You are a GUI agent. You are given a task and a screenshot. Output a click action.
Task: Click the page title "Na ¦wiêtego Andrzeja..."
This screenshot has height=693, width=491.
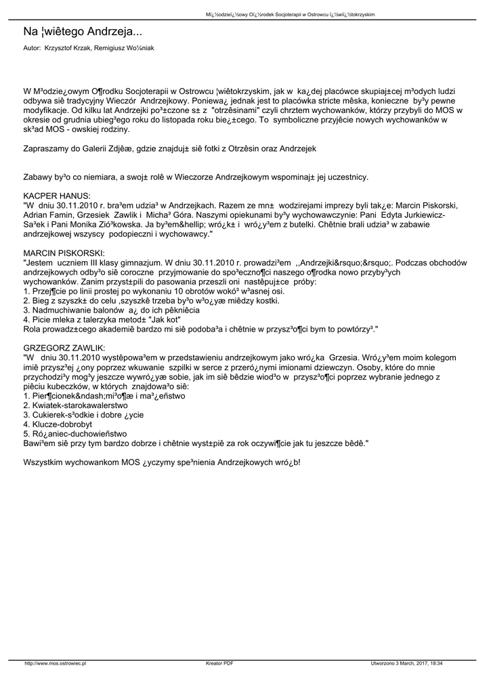tap(83, 32)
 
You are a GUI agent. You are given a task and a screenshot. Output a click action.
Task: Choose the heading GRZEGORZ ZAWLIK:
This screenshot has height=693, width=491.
tap(62, 347)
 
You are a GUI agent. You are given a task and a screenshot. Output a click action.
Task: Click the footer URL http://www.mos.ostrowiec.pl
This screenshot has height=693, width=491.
tap(56, 663)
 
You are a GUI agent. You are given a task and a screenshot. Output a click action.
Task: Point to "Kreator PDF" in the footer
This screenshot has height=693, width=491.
tap(219, 663)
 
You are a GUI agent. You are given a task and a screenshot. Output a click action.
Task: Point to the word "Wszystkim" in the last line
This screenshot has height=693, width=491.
tap(43, 462)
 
